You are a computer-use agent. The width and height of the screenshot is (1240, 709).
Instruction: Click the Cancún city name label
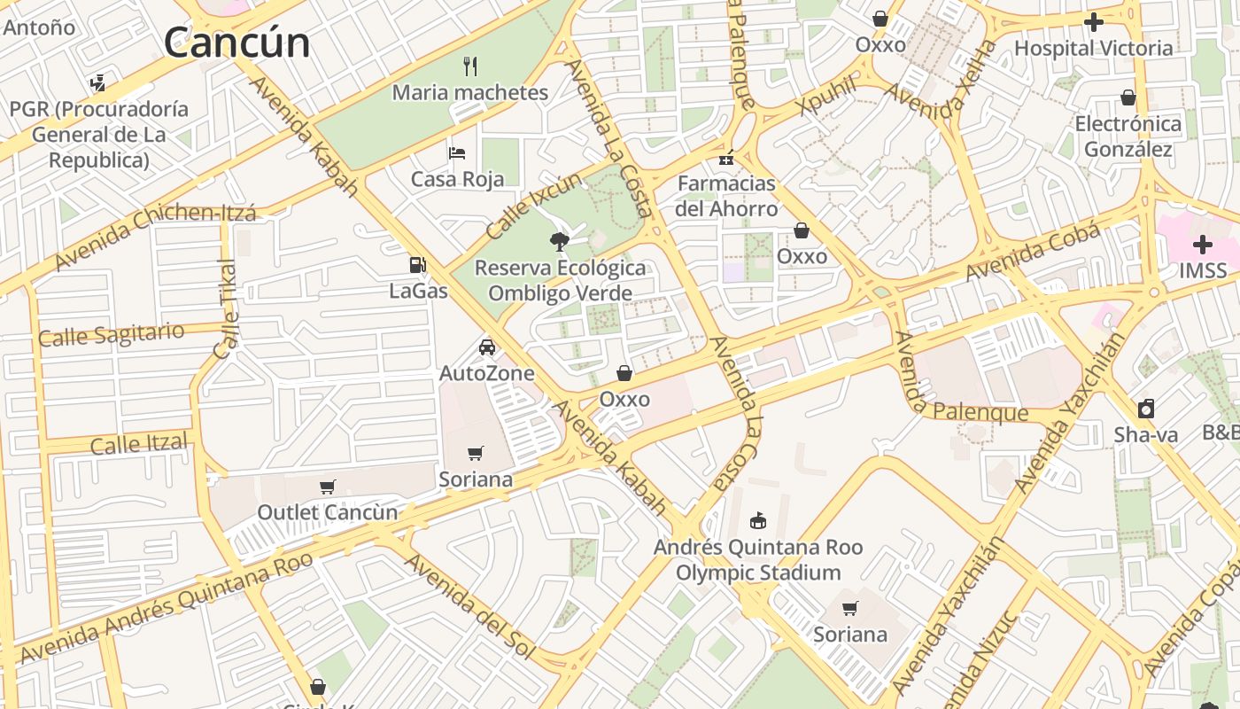pyautogui.click(x=236, y=42)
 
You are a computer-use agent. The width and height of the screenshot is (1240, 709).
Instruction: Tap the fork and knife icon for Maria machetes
pyautogui.click(x=471, y=66)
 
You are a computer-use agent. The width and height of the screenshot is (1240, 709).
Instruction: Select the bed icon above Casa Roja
pyautogui.click(x=457, y=152)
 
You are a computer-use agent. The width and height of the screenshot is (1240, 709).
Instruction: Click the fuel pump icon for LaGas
pyautogui.click(x=418, y=264)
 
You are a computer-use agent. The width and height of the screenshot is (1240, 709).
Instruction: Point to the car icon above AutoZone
pyautogui.click(x=486, y=347)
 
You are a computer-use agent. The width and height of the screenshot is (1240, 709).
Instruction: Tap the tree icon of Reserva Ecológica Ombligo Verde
pyautogui.click(x=559, y=241)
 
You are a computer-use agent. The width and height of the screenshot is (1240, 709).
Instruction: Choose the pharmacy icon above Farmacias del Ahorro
pyautogui.click(x=726, y=159)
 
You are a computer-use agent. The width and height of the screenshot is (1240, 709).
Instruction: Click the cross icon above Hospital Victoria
pyautogui.click(x=1094, y=22)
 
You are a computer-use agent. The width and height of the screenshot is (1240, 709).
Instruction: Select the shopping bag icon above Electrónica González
pyautogui.click(x=1128, y=97)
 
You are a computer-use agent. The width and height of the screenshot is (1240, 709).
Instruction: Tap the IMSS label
pyautogui.click(x=1203, y=270)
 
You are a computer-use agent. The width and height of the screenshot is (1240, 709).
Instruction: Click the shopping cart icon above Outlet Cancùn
pyautogui.click(x=328, y=487)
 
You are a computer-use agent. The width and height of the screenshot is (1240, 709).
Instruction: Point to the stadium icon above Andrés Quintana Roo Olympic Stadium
pyautogui.click(x=757, y=520)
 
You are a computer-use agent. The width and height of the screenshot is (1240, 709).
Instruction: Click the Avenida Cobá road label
pyautogui.click(x=1033, y=251)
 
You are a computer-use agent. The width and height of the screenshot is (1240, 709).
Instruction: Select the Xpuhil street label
pyautogui.click(x=827, y=95)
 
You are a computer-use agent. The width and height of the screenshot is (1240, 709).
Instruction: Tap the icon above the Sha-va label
pyautogui.click(x=1146, y=409)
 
